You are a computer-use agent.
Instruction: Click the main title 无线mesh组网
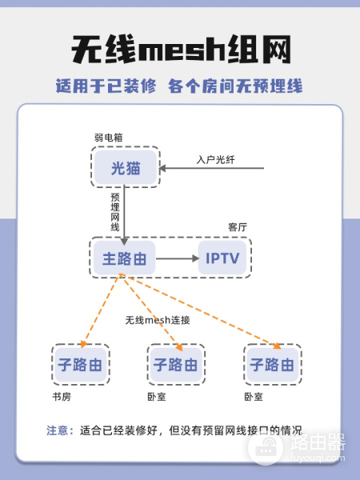181,50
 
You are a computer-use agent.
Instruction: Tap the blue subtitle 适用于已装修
106,86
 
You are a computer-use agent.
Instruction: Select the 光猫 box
126,167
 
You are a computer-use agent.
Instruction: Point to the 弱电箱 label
108,138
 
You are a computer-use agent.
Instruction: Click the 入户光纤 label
215,159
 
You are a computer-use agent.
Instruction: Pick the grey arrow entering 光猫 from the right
211,168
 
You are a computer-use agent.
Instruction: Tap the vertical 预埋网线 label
114,212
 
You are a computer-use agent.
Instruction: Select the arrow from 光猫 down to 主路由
124,215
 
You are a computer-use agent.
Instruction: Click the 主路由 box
124,258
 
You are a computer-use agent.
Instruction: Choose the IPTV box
222,258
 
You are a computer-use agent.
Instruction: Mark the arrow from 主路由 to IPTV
178,258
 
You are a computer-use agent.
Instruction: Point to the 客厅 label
238,227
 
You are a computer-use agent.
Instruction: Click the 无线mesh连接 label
158,320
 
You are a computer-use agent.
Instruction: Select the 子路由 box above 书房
81,364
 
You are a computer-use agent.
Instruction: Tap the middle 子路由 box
176,364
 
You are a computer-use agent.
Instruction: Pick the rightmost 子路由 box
273,364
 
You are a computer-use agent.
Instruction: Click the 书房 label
62,397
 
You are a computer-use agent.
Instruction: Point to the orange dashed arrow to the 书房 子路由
101,311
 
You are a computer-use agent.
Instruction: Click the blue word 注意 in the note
57,430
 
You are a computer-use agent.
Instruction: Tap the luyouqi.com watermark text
318,458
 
